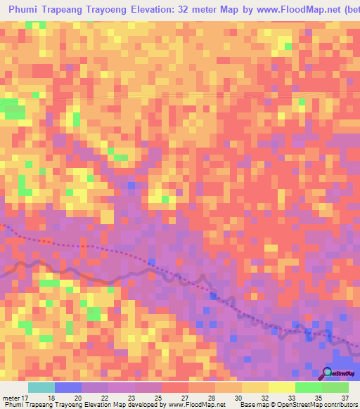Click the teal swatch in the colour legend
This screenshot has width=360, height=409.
(x=41, y=387)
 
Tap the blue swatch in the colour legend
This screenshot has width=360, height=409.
(x=68, y=387)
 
